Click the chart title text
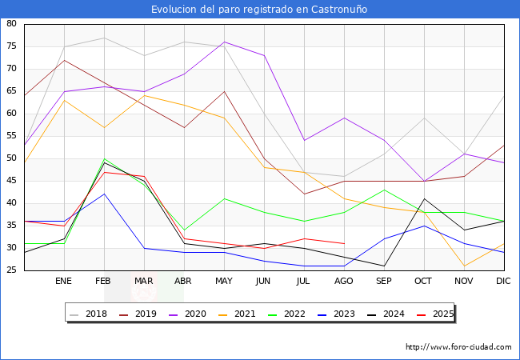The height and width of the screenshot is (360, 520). point(260,10)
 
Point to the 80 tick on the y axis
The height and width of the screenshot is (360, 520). point(12,24)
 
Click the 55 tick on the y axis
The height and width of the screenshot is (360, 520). point(12,136)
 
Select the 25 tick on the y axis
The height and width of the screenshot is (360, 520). point(12,270)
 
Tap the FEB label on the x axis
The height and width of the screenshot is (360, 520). point(104,282)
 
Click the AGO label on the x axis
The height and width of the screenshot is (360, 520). point(344,282)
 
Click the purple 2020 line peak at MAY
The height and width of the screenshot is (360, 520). point(224,42)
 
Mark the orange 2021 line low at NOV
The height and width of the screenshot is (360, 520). point(464,266)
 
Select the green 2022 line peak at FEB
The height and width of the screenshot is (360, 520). point(104,158)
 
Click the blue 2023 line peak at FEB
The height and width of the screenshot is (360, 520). point(104,194)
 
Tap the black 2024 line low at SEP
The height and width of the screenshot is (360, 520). point(384,266)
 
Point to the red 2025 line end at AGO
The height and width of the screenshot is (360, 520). point(344,243)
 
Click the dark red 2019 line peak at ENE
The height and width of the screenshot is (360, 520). point(64,60)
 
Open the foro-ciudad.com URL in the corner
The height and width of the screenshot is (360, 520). point(458,347)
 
